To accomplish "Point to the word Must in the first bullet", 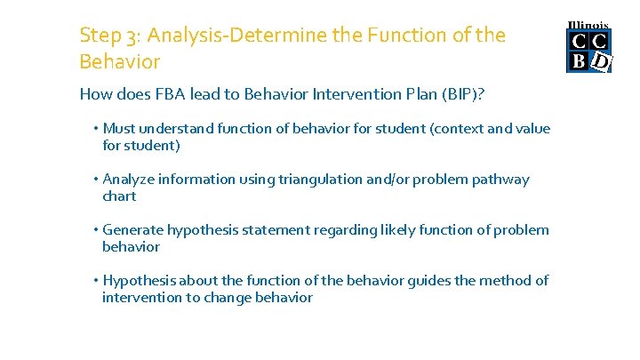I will pos(120,129).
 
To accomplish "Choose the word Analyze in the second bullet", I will pos(129,180).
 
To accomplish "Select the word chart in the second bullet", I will pos(119,196).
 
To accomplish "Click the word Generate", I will pos(133,230).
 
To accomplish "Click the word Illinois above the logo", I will pos(588,24).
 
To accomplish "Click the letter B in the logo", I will pos(578,60).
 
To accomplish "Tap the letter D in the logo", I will pos(601,61).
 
